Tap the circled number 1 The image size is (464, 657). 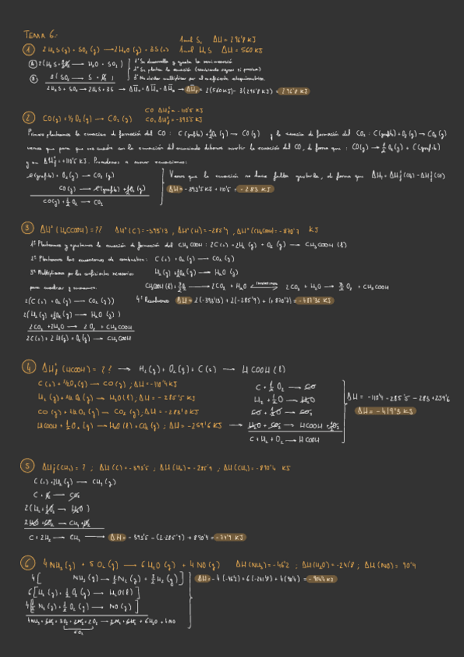(29, 50)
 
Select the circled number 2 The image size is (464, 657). (29, 118)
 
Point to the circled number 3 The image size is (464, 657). (29, 229)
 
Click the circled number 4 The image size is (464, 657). (29, 367)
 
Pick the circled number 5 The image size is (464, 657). (29, 466)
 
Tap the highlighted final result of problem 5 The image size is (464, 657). (229, 536)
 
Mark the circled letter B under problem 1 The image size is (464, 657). (32, 77)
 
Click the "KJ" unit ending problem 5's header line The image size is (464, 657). (287, 467)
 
